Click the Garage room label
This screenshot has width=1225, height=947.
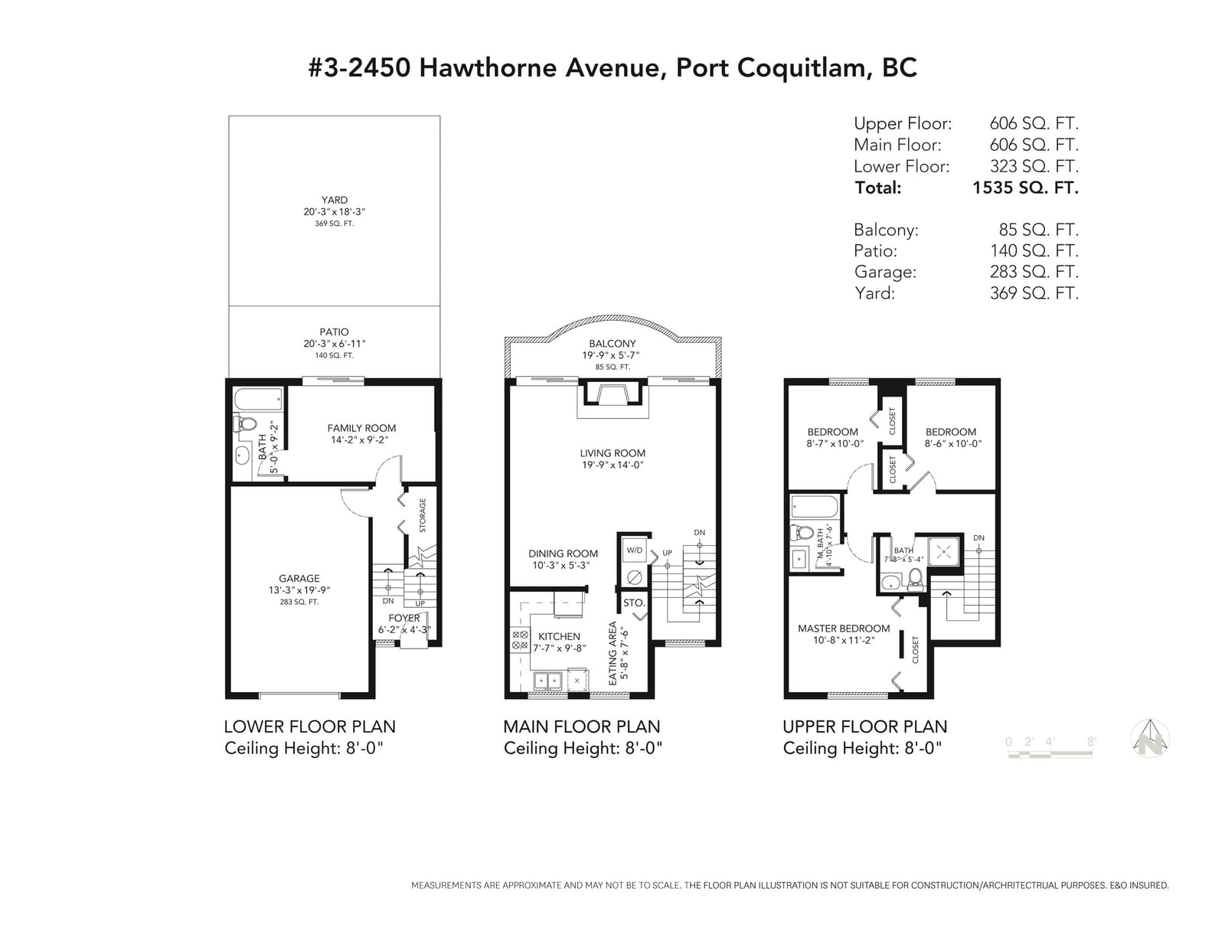pos(299,578)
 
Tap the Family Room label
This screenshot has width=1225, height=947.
pos(361,428)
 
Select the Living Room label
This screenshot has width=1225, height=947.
pos(612,452)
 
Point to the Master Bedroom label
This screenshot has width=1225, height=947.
pos(844,628)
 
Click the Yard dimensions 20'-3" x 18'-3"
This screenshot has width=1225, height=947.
pos(335,212)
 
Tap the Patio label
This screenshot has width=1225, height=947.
pos(334,332)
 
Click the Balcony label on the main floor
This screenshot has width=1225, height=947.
pos(612,343)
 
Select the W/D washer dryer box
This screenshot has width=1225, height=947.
pos(634,550)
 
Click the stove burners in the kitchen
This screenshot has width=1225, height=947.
pos(520,640)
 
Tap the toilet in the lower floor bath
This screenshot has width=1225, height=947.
pos(245,423)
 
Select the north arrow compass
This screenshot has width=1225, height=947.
pos(1150,739)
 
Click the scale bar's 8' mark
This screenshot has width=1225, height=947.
pos(1091,742)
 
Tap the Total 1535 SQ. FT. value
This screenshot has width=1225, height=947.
pos(1025,187)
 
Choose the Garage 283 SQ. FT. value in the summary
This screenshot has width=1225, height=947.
pos(1034,272)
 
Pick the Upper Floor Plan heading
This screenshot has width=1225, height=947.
pos(864,727)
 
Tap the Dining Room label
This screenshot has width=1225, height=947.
pos(563,554)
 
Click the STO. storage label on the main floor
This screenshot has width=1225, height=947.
pos(634,602)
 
